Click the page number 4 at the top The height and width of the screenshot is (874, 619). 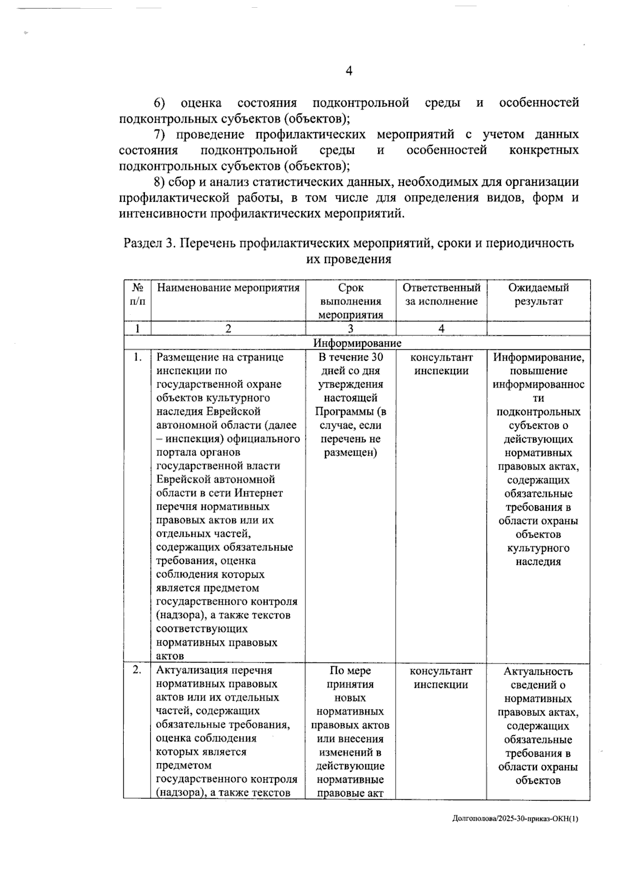[349, 71]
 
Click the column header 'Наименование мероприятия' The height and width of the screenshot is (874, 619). [228, 288]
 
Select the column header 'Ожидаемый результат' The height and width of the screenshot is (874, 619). [538, 295]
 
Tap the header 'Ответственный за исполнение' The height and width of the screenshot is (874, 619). [441, 295]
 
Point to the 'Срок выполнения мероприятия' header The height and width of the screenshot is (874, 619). [351, 301]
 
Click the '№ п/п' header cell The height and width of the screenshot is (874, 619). [137, 295]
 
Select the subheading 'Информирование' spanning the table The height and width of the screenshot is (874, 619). [357, 343]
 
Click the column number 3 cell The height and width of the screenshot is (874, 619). [350, 329]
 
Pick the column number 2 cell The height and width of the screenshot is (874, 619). [228, 329]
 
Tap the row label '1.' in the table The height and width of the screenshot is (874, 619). [137, 357]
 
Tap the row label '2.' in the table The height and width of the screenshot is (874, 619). [137, 670]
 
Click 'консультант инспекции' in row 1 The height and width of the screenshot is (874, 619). [441, 364]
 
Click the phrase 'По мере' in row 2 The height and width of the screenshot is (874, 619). [350, 671]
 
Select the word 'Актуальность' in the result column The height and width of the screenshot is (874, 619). [537, 671]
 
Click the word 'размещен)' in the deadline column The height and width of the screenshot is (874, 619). [350, 452]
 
